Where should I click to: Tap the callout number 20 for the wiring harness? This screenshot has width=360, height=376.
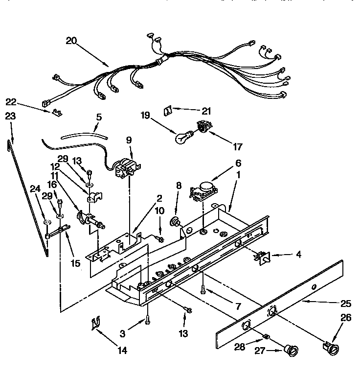[72, 41]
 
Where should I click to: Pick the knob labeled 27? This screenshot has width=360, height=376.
[292, 350]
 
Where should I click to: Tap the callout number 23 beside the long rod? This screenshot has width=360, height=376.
[10, 116]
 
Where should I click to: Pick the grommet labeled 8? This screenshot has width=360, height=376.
[174, 222]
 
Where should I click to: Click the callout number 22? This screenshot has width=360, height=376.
[11, 101]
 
